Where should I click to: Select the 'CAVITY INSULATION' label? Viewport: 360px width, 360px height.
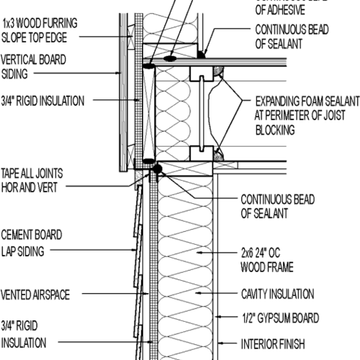[276, 294]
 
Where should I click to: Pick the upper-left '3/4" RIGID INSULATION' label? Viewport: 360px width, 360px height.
[42, 101]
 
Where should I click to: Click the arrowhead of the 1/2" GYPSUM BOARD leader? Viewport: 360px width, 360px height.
[216, 317]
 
